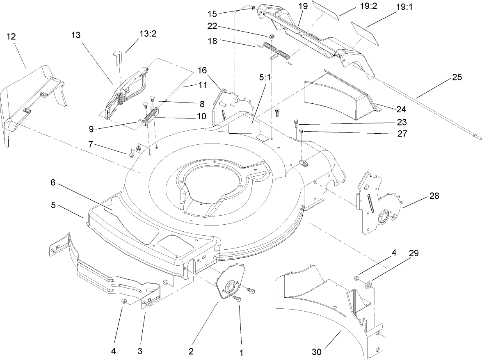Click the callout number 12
point(11,36)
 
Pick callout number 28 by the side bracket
point(434,196)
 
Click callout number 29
point(414,253)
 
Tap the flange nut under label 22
point(272,37)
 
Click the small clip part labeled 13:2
point(118,57)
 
